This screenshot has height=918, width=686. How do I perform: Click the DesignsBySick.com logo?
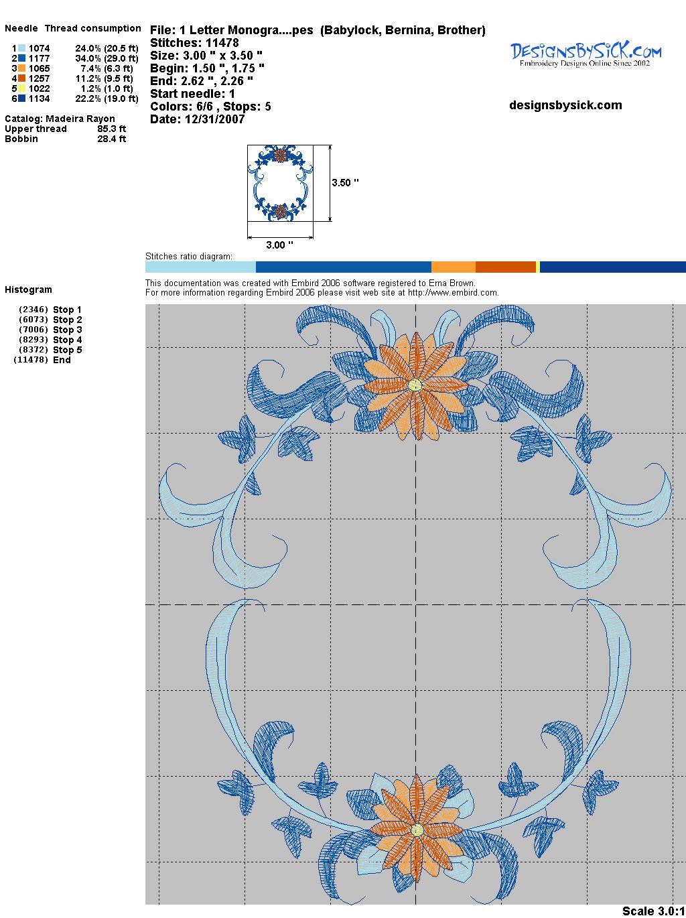(586, 54)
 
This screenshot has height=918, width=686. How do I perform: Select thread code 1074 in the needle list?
(40, 48)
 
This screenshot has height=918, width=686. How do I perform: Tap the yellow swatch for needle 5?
(21, 88)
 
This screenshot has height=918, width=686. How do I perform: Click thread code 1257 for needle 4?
(40, 78)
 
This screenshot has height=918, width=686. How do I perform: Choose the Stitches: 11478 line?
(194, 43)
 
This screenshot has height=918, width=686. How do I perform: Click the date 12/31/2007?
(214, 119)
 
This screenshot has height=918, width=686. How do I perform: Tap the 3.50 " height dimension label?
(345, 183)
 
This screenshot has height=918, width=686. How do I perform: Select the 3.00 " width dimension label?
(279, 245)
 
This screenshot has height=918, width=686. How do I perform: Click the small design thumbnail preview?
(280, 183)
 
